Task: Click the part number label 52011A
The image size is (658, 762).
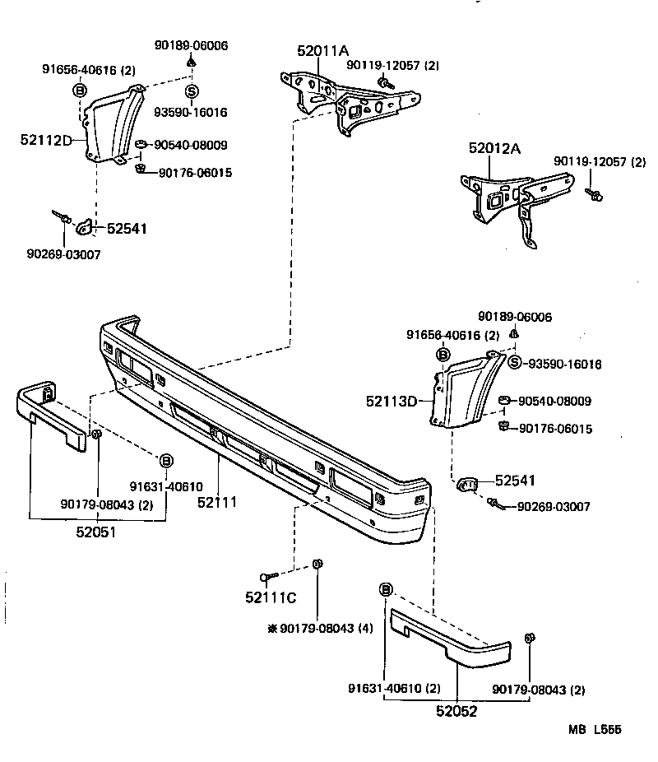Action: point(323,51)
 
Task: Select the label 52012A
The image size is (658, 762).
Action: point(495,149)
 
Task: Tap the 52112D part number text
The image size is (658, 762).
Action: point(47,140)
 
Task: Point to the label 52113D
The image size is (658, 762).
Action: point(392,402)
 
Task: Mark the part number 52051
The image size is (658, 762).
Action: point(95,532)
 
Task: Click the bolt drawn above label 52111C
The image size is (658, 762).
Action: point(266,576)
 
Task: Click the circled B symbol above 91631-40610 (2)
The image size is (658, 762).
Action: point(386,588)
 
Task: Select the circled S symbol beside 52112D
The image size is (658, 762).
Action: point(191,91)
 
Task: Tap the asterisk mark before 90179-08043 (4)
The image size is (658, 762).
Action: point(272,628)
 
